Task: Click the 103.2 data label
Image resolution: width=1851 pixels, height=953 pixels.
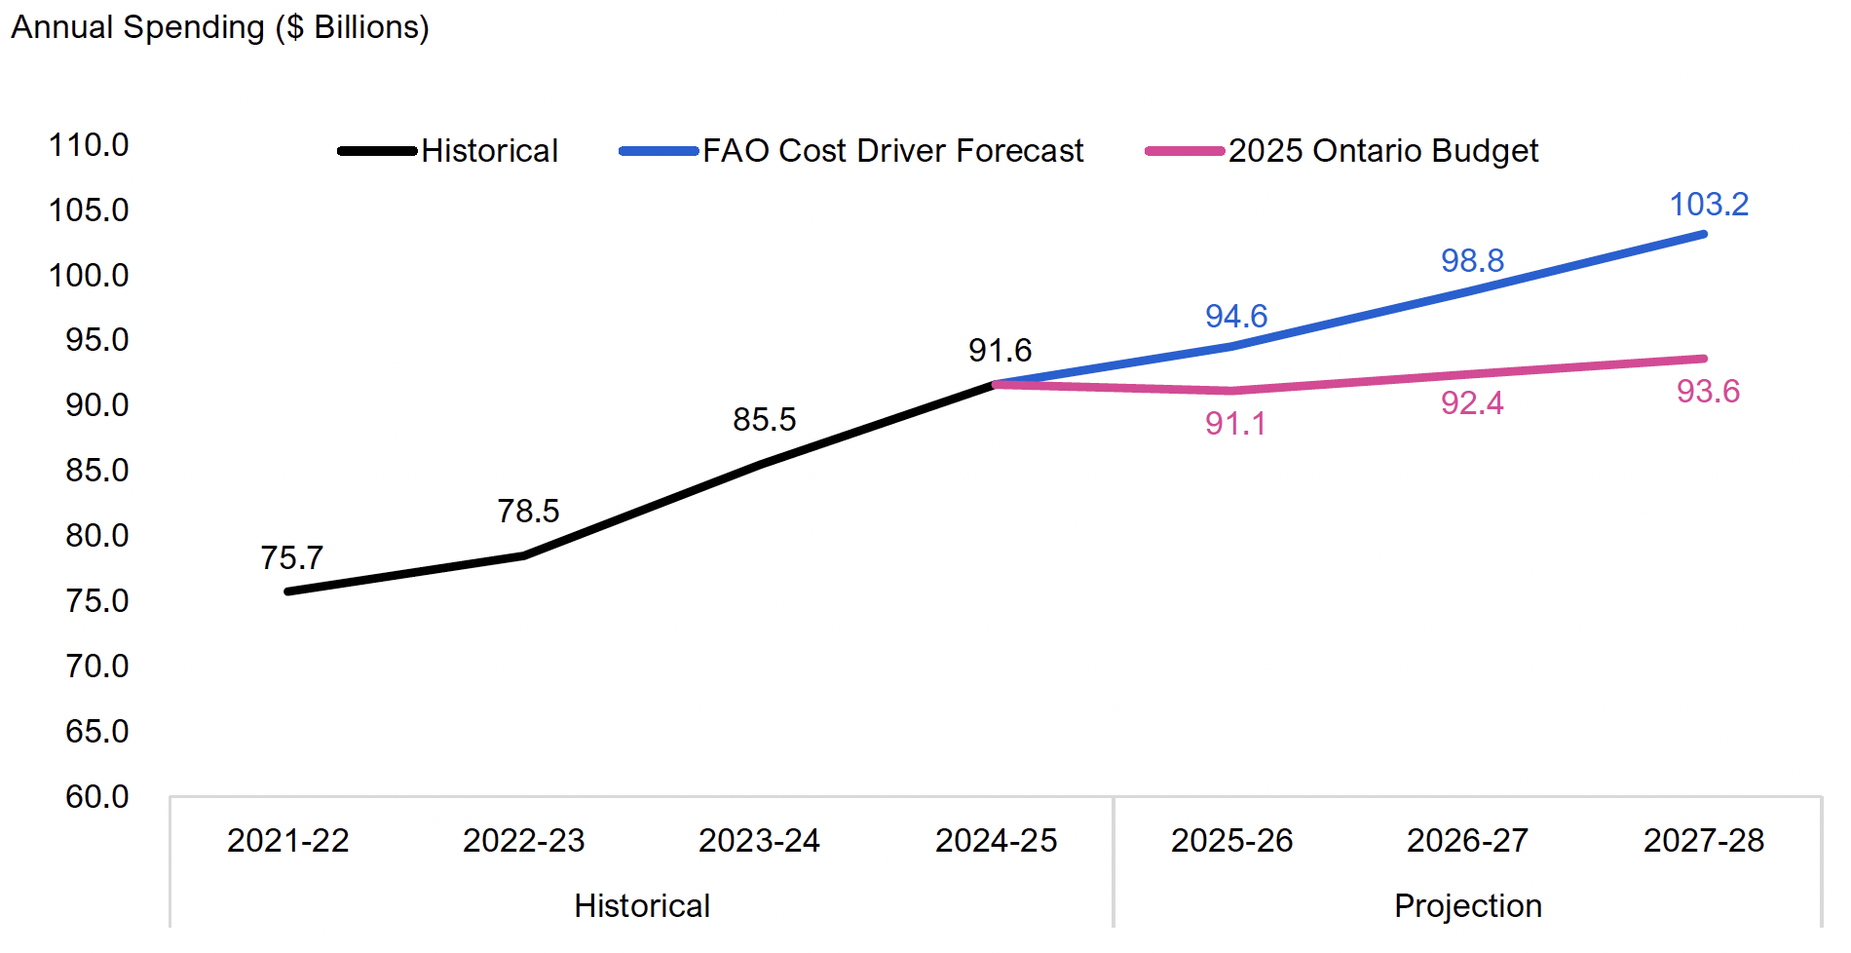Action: [1709, 205]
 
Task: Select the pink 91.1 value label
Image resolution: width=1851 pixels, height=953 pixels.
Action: [1235, 424]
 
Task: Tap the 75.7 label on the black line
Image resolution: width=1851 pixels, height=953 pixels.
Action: [291, 558]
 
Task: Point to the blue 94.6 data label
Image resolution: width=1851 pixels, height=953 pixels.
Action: [1235, 317]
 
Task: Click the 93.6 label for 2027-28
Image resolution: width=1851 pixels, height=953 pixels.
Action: [1708, 392]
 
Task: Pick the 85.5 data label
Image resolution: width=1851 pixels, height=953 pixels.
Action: [764, 420]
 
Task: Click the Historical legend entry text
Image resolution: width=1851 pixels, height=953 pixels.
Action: [489, 151]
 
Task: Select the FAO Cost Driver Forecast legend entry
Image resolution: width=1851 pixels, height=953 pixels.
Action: [892, 151]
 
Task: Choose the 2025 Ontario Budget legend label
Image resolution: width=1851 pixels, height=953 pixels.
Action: [1382, 151]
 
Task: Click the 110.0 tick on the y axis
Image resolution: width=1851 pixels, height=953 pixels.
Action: [89, 145]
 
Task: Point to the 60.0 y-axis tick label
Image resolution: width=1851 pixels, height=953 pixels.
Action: [96, 797]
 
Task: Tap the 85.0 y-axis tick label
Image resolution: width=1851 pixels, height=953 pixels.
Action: [96, 471]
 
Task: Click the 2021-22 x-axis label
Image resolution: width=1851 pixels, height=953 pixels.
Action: [287, 841]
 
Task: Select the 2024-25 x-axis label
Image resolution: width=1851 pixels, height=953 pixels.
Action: [996, 841]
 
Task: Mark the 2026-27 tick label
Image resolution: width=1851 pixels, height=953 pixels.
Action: [1467, 841]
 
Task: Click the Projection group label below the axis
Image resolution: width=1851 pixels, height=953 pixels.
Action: [1467, 906]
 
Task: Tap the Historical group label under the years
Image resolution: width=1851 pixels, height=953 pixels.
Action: [642, 906]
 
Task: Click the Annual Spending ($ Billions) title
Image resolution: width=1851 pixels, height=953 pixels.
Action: [220, 27]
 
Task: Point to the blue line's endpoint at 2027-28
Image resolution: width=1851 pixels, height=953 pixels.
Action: [1704, 234]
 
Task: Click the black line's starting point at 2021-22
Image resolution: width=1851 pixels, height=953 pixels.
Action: [288, 591]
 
